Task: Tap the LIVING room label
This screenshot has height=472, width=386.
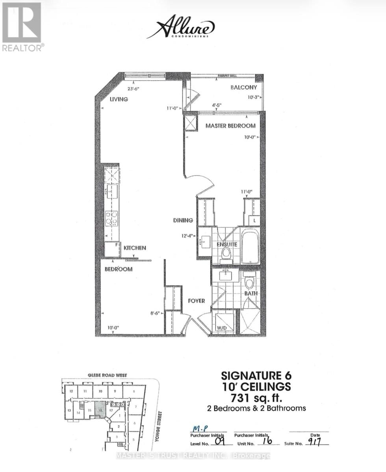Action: click(x=119, y=100)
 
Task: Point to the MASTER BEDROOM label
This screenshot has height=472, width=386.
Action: click(x=230, y=126)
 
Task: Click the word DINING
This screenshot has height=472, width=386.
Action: click(x=182, y=220)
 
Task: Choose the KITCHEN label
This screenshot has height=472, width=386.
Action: click(x=135, y=248)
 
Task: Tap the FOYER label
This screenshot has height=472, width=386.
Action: click(x=196, y=301)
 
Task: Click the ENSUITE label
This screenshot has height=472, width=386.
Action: click(x=226, y=244)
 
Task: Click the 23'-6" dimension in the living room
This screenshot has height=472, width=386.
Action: click(x=133, y=88)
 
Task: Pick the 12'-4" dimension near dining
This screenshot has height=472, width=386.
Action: click(x=187, y=236)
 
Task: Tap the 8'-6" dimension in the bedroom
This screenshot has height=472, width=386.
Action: click(x=155, y=313)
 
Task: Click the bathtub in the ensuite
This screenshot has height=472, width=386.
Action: click(x=250, y=246)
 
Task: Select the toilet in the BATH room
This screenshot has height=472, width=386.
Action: click(x=249, y=282)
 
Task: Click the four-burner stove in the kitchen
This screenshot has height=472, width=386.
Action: click(x=112, y=218)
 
